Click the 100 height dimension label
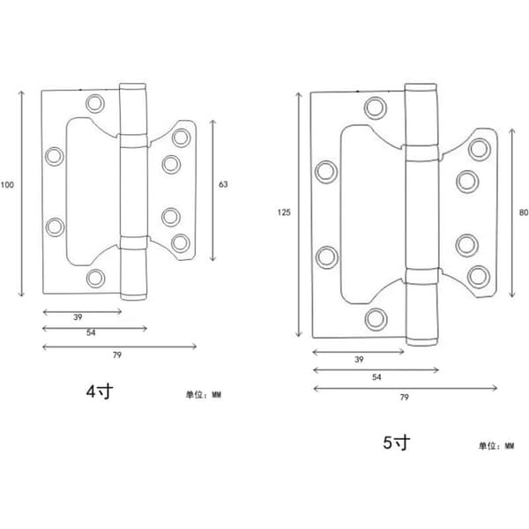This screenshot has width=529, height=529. tap(7, 185)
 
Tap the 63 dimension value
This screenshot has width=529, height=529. tap(223, 184)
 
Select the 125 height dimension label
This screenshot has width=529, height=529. tap(284, 212)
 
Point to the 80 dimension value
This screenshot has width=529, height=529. tap(524, 212)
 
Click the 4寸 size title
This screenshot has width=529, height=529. tap(100, 391)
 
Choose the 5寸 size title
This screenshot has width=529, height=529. tap(397, 443)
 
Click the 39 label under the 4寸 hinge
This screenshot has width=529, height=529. tap(78, 317)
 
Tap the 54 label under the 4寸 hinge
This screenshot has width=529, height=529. tap(91, 332)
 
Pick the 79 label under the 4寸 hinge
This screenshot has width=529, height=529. tap(116, 355)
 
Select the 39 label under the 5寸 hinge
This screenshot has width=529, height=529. tap(359, 360)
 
